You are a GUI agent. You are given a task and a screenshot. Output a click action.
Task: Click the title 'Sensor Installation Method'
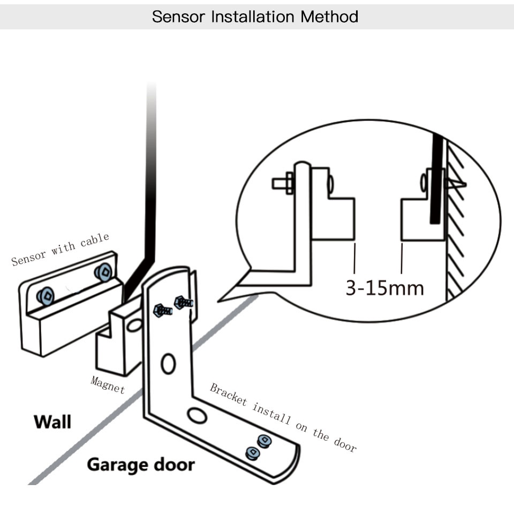coord(255,16)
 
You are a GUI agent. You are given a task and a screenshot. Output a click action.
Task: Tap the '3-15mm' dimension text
coord(384,288)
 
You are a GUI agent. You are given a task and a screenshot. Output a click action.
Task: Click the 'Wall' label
coord(52,421)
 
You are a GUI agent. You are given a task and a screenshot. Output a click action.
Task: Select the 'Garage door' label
coord(141,464)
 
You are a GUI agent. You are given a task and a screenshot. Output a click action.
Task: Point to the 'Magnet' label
coord(108,384)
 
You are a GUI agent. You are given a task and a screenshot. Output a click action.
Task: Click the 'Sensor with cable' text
coord(60,249)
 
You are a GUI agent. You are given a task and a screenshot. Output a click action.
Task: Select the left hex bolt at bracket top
coord(161,310)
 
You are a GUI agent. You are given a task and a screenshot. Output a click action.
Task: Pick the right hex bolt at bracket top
coord(183,303)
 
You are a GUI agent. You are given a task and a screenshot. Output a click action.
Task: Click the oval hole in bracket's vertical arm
coord(168,364)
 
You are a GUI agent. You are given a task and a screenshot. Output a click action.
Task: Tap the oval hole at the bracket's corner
coord(197,415)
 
